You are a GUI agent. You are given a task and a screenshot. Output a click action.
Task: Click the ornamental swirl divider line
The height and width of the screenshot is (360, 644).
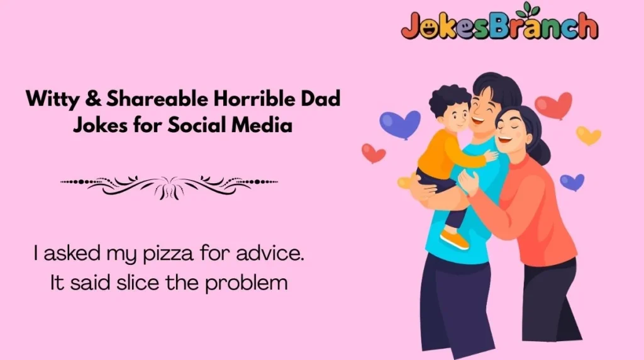coord(169,184)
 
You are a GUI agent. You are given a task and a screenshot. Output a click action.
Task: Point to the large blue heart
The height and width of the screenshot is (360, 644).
coord(400,123)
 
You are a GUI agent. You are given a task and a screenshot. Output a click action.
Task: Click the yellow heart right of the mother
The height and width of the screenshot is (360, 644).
coord(588,135)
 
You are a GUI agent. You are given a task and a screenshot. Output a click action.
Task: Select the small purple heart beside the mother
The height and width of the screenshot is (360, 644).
coord(572,182)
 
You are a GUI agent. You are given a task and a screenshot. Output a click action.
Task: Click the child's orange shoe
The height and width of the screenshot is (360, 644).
coord(454,239)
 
